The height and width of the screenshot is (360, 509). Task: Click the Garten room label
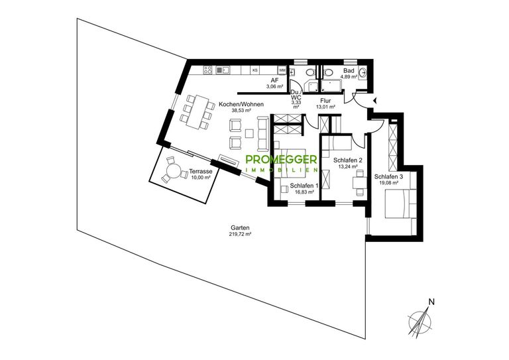[x=240, y=228]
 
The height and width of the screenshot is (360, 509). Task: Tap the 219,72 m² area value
[x=240, y=234]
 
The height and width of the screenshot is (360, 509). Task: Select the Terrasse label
[x=201, y=172]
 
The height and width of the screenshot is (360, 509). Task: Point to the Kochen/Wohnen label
[x=241, y=105]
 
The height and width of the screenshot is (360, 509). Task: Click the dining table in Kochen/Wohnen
[x=196, y=111]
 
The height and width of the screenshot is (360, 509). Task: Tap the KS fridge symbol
[x=255, y=70]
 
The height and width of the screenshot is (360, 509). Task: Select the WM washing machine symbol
[x=282, y=70]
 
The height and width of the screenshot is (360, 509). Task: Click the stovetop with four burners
[x=207, y=70]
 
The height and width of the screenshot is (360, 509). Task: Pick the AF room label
[x=274, y=81]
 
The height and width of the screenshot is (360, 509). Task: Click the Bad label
[x=349, y=71]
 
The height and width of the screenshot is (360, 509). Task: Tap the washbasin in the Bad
[x=363, y=72]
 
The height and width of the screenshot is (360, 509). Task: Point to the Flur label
[x=325, y=101]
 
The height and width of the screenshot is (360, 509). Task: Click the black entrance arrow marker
[x=375, y=101]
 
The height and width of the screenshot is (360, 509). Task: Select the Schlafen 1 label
[x=304, y=186]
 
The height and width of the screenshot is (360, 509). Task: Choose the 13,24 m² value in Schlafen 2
[x=348, y=166]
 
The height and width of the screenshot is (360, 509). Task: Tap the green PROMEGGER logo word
[x=281, y=159]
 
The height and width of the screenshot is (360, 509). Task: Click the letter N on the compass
[x=431, y=302]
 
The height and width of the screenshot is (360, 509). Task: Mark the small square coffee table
[x=250, y=134]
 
